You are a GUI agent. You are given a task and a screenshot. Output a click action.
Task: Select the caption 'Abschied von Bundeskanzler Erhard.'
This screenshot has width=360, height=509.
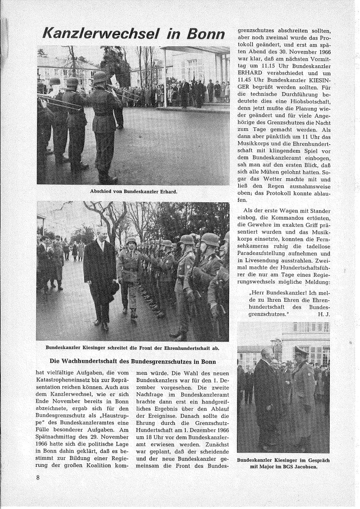[133, 191]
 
